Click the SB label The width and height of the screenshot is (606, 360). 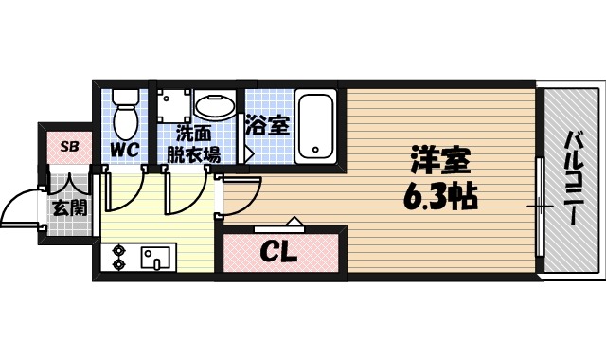click(69, 146)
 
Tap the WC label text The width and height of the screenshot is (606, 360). click(124, 149)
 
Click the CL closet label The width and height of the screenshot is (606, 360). click(278, 253)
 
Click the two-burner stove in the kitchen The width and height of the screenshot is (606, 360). click(120, 257)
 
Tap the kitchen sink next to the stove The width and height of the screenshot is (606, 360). click(155, 257)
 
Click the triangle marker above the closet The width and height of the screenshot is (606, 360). click(292, 224)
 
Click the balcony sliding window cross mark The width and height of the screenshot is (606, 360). click(540, 205)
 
